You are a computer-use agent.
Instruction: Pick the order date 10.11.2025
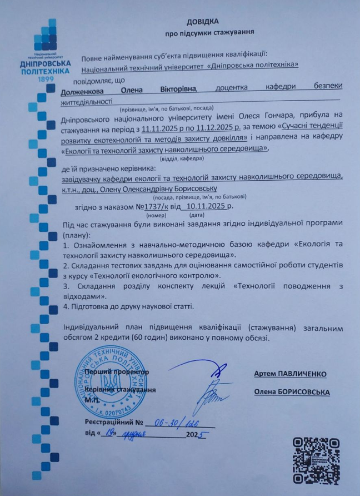pos(206,206)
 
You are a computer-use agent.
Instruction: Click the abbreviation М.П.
pos(91,399)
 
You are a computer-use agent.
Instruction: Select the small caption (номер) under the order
pos(157,215)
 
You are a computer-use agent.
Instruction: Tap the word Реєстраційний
pos(109,423)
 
